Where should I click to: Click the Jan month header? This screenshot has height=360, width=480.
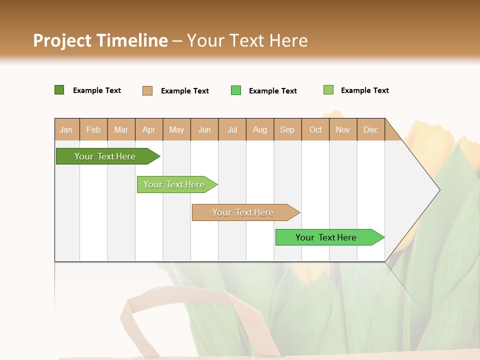tap(66, 129)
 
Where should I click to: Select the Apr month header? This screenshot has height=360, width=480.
tap(149, 129)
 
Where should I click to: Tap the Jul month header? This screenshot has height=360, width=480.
tap(232, 129)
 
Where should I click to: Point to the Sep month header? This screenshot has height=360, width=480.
tap(287, 129)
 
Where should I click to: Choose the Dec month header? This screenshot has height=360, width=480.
tap(370, 129)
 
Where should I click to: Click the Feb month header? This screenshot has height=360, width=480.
tap(93, 129)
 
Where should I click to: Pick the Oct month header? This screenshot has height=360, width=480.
tap(315, 129)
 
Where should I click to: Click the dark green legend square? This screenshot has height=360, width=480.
tap(59, 90)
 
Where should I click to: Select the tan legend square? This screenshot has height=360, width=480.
tap(147, 90)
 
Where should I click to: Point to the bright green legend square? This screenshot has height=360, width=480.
tap(236, 90)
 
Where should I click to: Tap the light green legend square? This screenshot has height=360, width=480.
tap(328, 90)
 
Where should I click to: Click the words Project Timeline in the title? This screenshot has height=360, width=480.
tap(100, 40)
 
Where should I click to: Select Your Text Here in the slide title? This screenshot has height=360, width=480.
tap(247, 40)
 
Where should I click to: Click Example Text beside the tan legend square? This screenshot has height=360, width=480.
tap(184, 91)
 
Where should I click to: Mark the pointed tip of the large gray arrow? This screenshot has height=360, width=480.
tap(439, 190)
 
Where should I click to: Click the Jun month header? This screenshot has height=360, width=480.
tap(204, 129)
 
